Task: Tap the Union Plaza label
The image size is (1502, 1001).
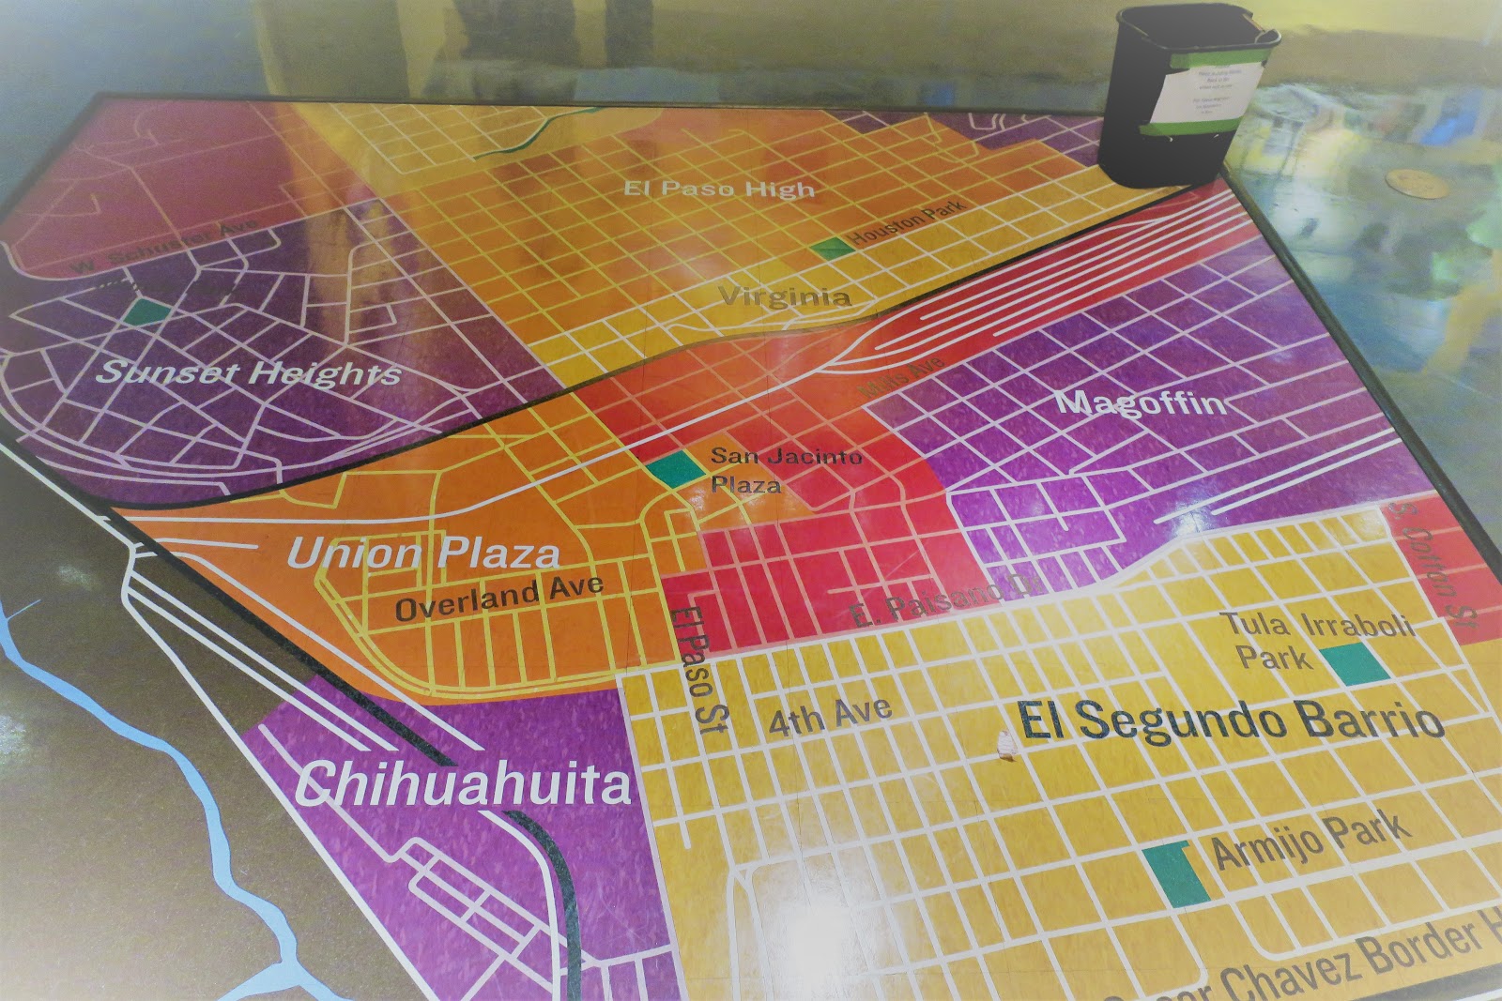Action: pos(423,553)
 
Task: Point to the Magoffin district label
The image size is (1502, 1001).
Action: pos(1141,403)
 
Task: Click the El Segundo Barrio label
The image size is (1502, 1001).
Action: pos(1231,721)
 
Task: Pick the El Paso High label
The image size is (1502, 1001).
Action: pos(719,189)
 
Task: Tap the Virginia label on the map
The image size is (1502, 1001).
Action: pos(785,297)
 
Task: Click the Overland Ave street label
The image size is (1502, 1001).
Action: pos(498,598)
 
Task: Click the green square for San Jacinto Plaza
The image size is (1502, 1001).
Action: pos(674,467)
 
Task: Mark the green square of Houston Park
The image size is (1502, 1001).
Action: pos(831,249)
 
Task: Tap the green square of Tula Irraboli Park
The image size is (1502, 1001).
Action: pos(1356,662)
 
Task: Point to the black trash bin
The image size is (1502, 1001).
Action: pos(1186,94)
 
